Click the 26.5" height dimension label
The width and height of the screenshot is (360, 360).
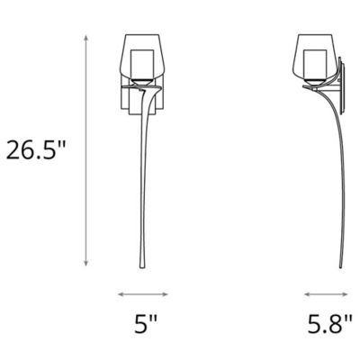pos(37,150)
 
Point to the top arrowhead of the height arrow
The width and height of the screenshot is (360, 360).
pos(86,37)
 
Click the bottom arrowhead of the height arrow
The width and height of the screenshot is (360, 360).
pos(86,266)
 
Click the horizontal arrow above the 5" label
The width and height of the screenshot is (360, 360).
pos(144,293)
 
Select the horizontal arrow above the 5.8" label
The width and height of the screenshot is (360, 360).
pos(327,293)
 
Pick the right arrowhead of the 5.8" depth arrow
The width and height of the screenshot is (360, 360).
pos(349,293)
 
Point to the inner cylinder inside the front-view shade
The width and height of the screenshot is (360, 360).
pos(144,64)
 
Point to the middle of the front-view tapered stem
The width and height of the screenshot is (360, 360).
pos(145,180)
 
